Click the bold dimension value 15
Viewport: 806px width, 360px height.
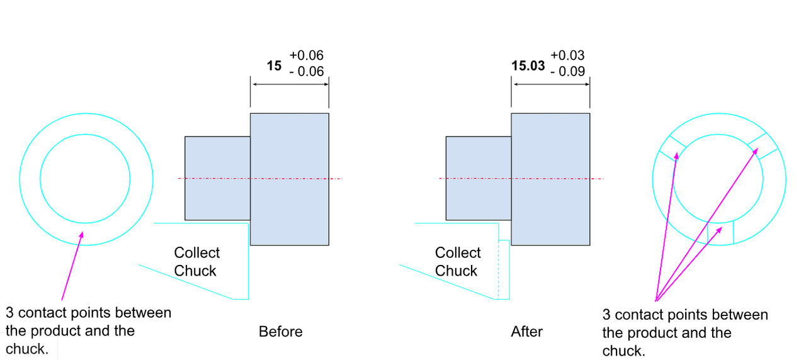pos(274,65)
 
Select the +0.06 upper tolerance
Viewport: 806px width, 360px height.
pos(307,56)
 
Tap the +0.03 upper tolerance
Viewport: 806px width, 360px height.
pos(567,56)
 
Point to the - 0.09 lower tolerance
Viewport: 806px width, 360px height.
pos(567,72)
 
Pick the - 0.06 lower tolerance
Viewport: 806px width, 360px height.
pos(307,72)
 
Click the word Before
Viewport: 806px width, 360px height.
pos(281,332)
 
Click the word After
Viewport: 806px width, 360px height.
pos(527,332)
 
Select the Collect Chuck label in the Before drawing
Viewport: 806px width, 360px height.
pos(196,262)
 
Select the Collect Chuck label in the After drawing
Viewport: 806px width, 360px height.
pos(457,262)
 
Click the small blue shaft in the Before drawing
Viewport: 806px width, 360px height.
pos(217,178)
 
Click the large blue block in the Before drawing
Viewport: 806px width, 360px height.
pos(290,179)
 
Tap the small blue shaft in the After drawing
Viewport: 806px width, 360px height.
pos(478,178)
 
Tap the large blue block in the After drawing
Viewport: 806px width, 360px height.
pos(550,179)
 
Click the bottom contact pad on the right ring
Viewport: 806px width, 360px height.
pos(720,232)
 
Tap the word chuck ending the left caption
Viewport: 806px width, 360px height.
pos(26,349)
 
